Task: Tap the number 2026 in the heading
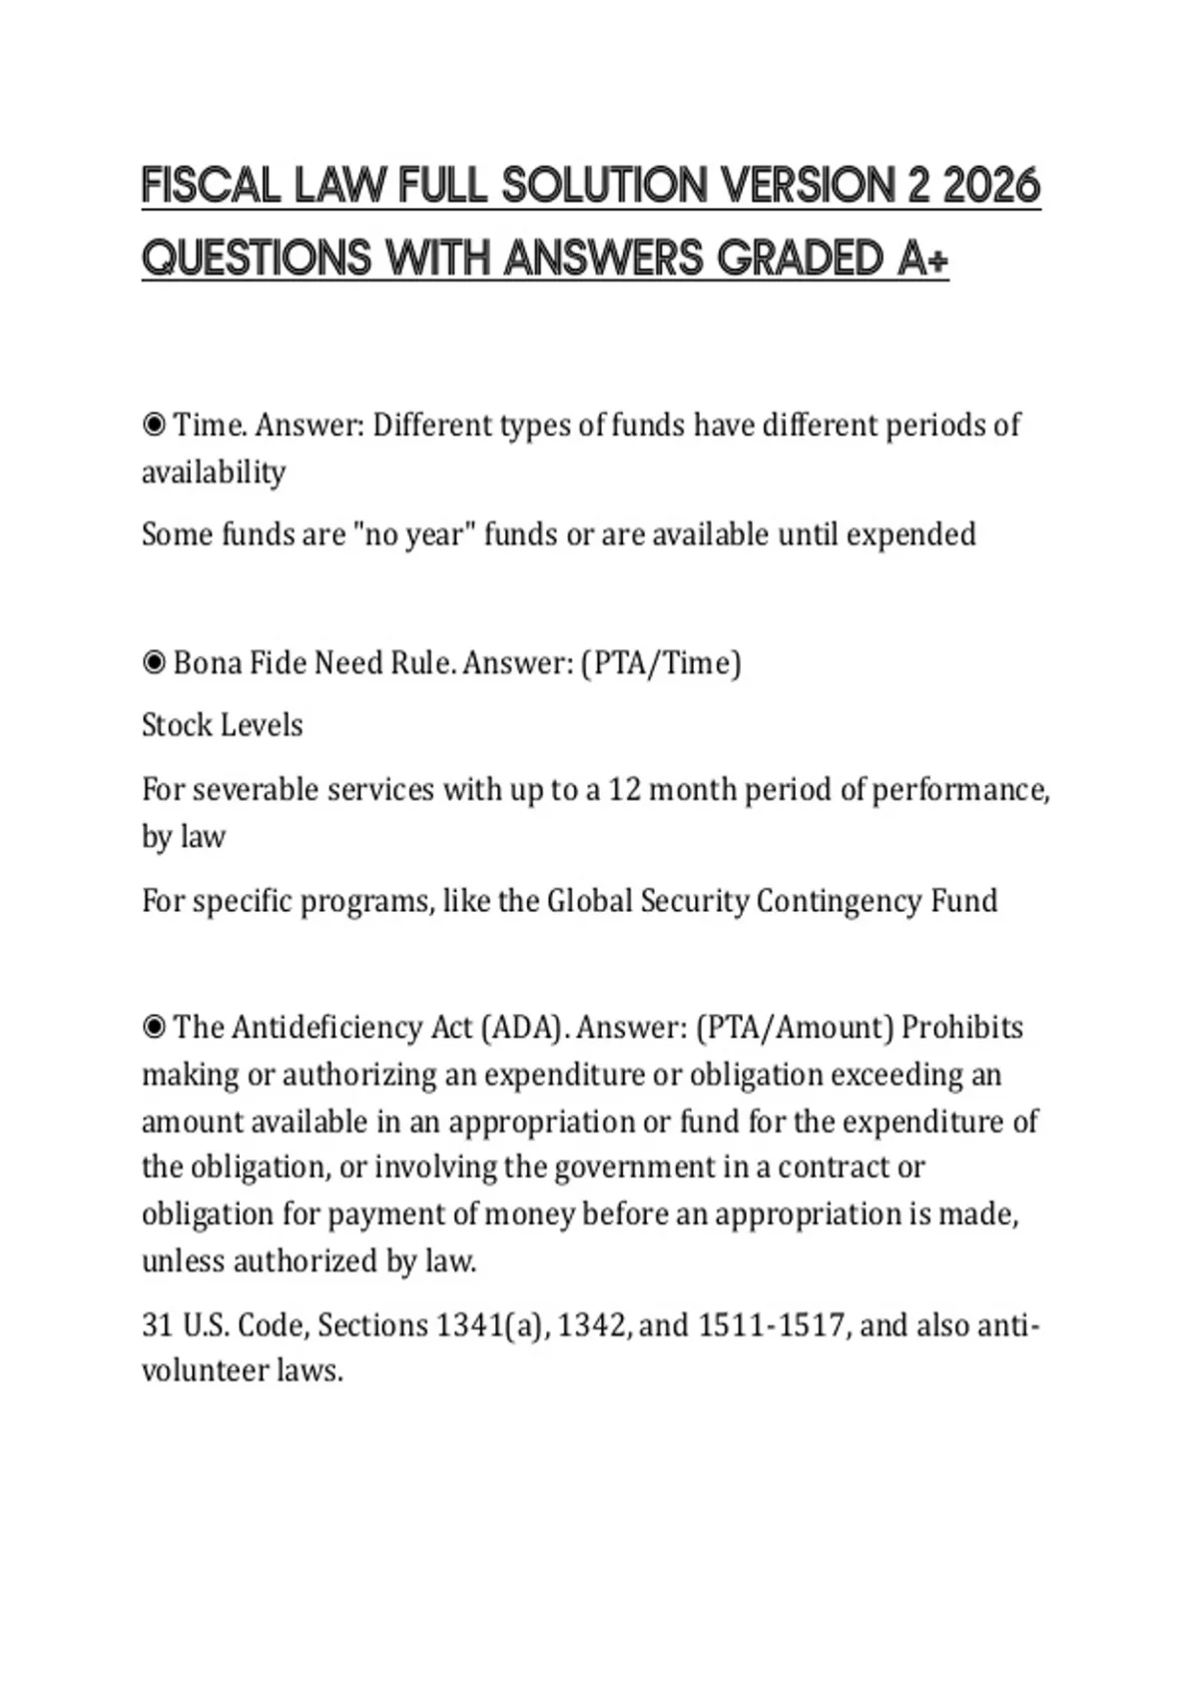coord(991,187)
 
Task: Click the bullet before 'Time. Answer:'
coord(154,425)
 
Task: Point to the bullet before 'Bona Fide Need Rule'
coord(154,663)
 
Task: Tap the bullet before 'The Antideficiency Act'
coord(154,1028)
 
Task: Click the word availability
coord(214,472)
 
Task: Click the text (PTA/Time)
coord(661,663)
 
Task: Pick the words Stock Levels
coord(222,725)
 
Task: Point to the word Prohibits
coord(962,1028)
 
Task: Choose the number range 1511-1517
coord(772,1325)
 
